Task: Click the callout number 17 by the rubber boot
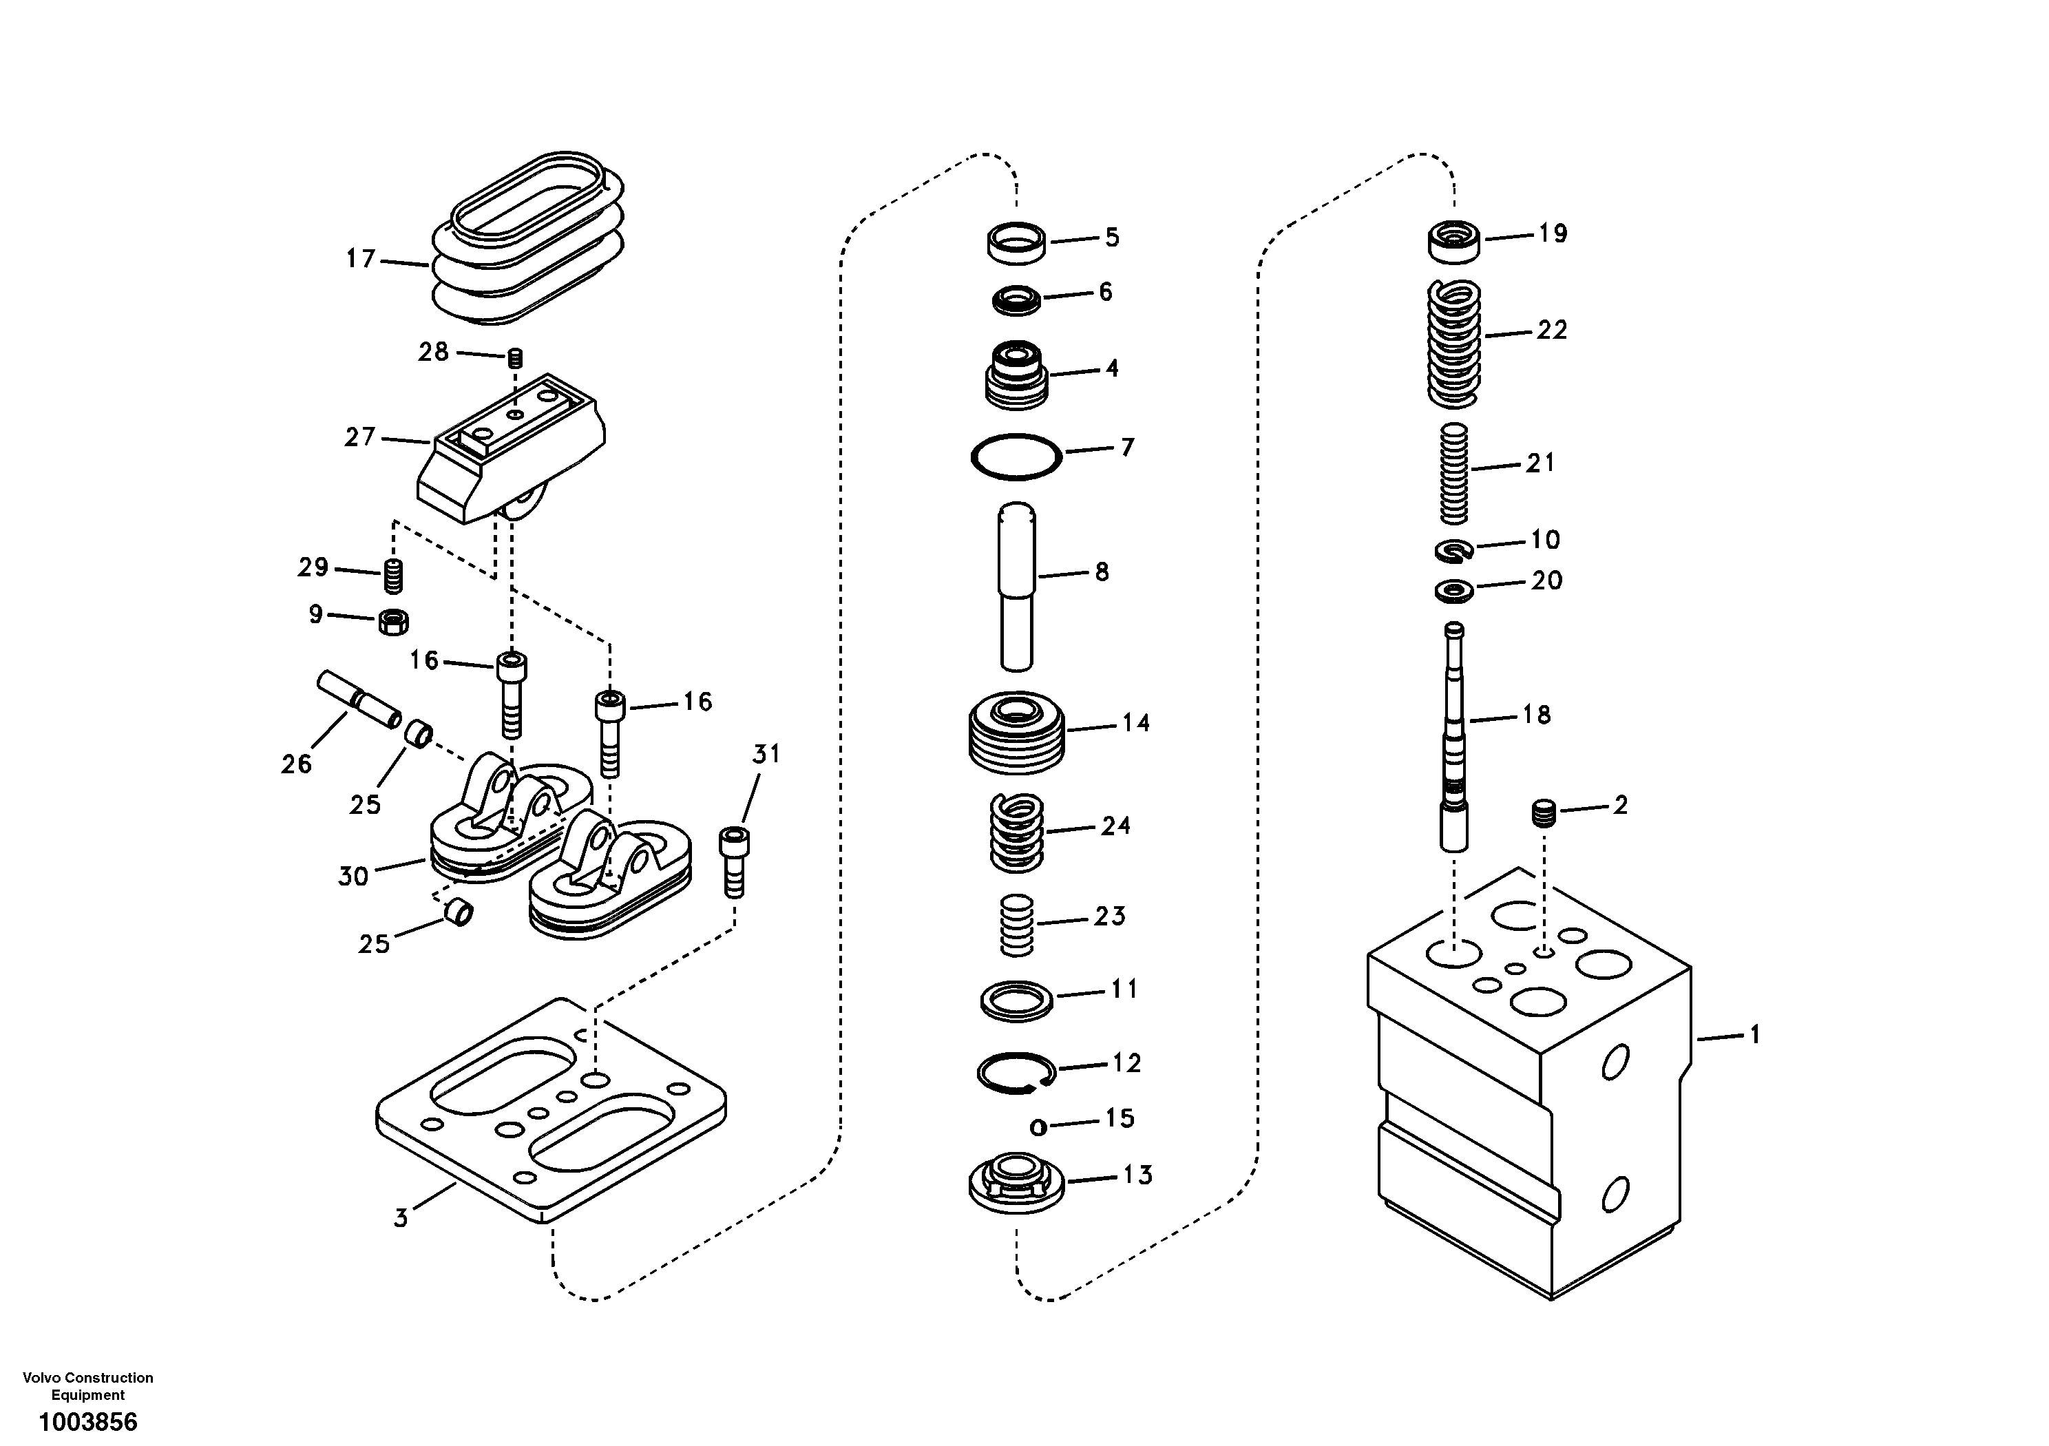point(361,260)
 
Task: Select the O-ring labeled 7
point(1016,457)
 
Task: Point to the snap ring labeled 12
point(1016,1071)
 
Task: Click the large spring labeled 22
point(1453,342)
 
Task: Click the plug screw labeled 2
point(1544,814)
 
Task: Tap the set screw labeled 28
point(515,359)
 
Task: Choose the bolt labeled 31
point(733,862)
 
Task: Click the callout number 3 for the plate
point(401,1217)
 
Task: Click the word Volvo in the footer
point(42,1378)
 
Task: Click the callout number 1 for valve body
point(1754,1036)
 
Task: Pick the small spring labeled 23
point(1016,925)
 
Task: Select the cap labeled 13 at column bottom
point(1016,1184)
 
